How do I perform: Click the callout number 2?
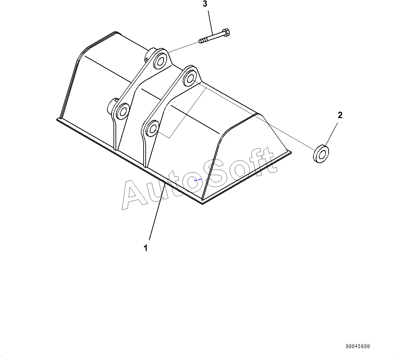(x=340, y=115)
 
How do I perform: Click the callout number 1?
(x=146, y=248)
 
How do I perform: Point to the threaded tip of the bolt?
(x=201, y=42)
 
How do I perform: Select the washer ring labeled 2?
(x=321, y=154)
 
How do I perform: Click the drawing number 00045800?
(x=358, y=346)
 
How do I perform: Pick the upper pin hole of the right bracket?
(x=189, y=78)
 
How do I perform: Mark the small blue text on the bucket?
(x=197, y=180)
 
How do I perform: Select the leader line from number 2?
(x=332, y=134)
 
